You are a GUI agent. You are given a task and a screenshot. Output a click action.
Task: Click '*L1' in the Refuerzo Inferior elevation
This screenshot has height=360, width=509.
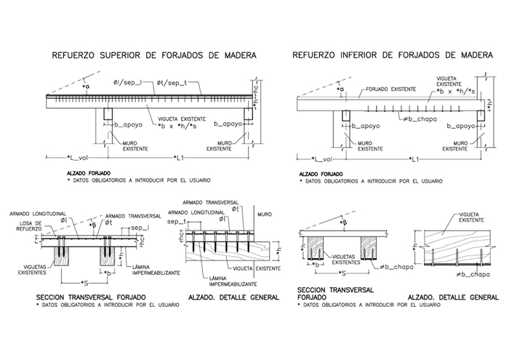click(415, 158)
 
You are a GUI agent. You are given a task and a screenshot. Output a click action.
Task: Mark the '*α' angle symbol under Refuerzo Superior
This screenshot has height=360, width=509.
click(87, 87)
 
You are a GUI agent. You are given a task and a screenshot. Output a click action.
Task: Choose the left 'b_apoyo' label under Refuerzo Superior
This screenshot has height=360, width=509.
click(129, 125)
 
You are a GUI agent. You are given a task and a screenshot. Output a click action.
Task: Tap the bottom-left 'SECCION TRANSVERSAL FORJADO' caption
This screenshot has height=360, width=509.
click(91, 298)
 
